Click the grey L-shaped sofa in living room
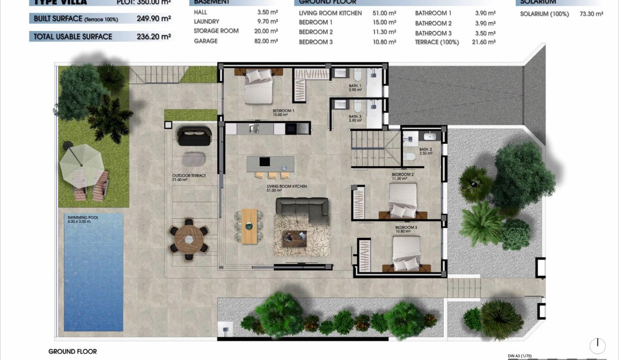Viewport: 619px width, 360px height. click(x=302, y=208)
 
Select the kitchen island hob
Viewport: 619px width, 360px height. click(x=264, y=162)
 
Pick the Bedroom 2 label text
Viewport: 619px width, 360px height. click(x=402, y=176)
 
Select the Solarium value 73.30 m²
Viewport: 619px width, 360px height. click(x=591, y=14)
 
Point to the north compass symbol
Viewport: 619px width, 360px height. click(x=597, y=345)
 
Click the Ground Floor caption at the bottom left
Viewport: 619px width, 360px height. click(x=72, y=351)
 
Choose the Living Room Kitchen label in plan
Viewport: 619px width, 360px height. click(x=280, y=188)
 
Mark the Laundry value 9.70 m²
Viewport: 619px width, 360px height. click(x=267, y=22)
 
